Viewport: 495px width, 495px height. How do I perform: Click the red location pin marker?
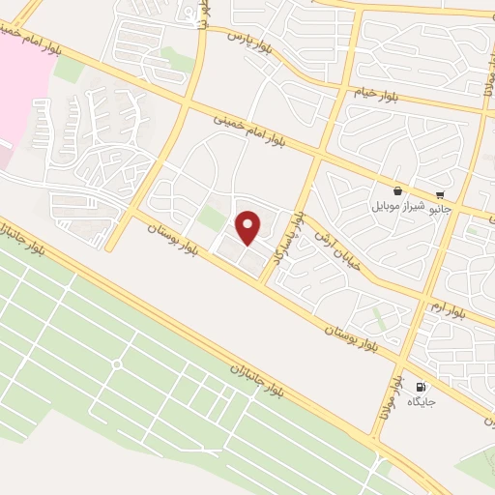(x=248, y=227)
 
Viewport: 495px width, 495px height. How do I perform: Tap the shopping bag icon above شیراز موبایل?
(x=398, y=192)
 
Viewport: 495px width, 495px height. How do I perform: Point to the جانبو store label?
(x=440, y=207)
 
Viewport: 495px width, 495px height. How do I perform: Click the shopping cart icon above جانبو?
(x=440, y=193)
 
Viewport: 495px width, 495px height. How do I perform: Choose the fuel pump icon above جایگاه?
(x=419, y=388)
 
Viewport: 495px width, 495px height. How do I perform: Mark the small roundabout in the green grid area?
(x=116, y=364)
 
